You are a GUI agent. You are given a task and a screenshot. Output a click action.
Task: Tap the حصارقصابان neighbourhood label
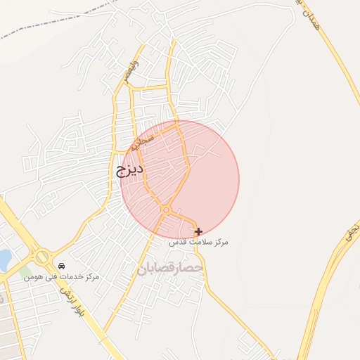tap(172, 268)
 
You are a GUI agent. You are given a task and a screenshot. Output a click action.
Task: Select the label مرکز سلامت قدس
tap(198, 242)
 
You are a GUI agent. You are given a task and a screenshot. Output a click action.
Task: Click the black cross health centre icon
tap(199, 231)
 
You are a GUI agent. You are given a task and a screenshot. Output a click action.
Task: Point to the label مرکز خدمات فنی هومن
tap(62, 277)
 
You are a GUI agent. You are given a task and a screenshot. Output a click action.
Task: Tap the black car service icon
tap(63, 266)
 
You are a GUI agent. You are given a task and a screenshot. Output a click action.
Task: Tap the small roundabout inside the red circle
tap(167, 210)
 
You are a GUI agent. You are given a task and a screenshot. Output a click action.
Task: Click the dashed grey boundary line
tap(56, 20)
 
